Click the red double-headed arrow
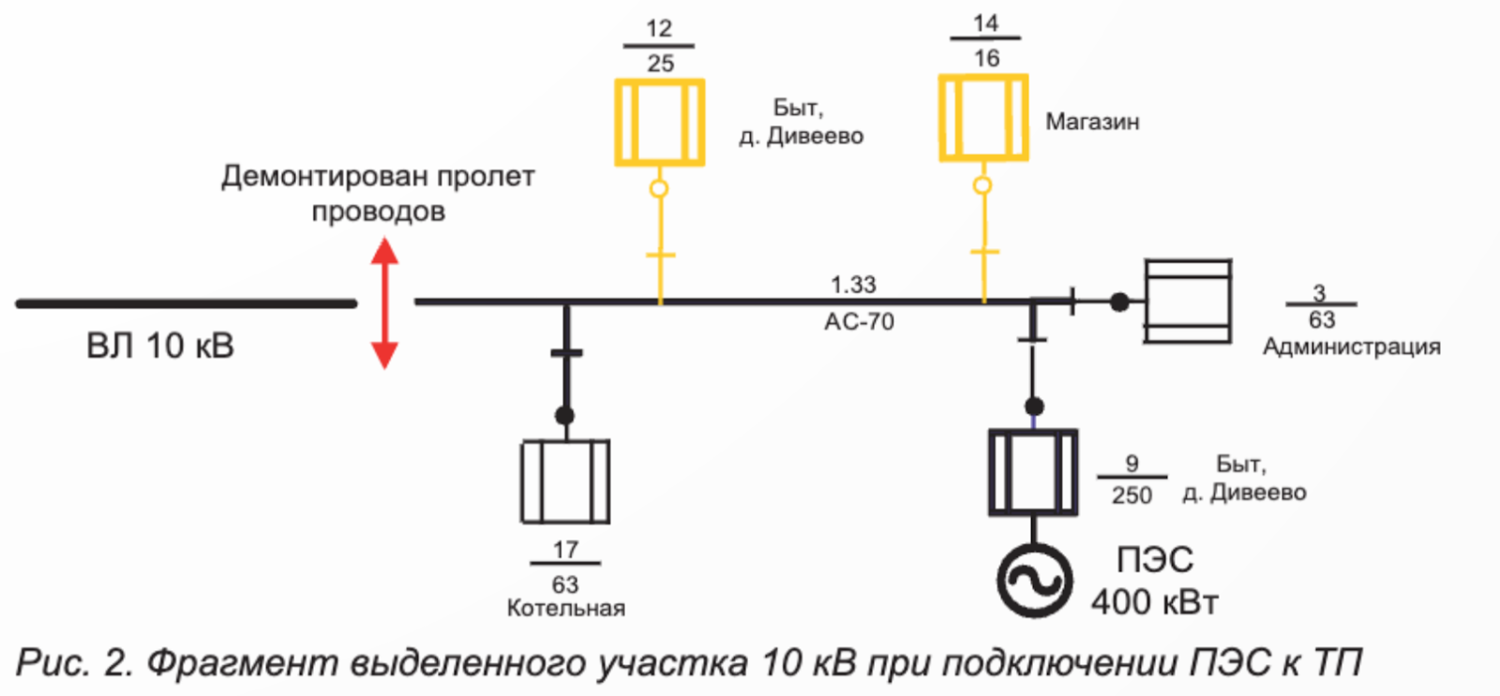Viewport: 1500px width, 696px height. point(385,304)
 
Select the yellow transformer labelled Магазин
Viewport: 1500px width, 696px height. point(983,118)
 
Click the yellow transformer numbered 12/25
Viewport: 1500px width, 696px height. point(660,122)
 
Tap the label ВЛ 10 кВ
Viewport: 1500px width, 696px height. point(160,346)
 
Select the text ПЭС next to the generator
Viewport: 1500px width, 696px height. point(1155,559)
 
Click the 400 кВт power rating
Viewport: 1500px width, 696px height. point(1154,601)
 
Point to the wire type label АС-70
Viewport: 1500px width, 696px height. point(859,322)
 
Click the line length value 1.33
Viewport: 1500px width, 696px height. point(853,285)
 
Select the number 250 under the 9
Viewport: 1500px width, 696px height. point(1132,496)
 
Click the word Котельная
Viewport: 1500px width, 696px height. point(566,608)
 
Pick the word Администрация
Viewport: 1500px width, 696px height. point(1351,347)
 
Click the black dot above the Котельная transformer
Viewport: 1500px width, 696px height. point(564,416)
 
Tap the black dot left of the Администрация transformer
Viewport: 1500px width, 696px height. point(1119,303)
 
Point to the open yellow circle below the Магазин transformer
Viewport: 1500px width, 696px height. point(982,185)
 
